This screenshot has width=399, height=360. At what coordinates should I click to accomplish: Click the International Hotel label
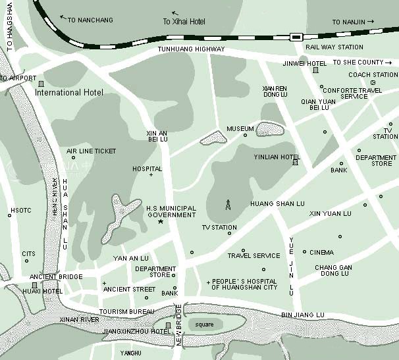[68, 93]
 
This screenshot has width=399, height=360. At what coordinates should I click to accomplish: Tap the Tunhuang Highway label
[191, 49]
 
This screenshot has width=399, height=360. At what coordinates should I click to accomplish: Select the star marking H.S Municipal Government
[160, 222]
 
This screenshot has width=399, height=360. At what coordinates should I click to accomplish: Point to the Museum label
[240, 129]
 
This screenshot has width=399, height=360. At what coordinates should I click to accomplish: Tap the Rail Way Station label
[334, 47]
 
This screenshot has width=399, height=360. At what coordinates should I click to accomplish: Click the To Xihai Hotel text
[184, 22]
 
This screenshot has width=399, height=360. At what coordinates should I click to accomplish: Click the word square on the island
[204, 324]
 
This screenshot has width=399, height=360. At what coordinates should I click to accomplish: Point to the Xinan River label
[79, 319]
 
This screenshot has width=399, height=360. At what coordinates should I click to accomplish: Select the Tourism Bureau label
[126, 311]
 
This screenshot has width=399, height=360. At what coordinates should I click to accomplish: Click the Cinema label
[321, 252]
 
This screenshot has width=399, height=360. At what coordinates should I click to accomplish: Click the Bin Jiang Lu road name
[303, 315]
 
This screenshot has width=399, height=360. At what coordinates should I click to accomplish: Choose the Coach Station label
[373, 75]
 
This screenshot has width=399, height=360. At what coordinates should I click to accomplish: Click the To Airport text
[18, 78]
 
